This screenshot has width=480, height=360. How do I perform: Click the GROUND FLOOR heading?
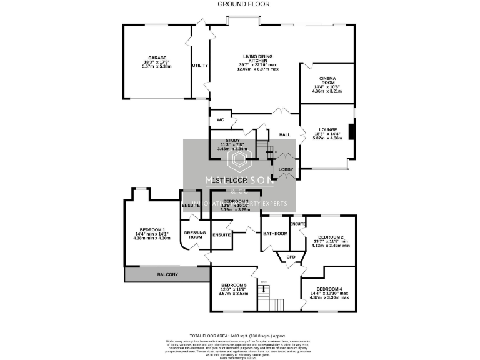click(243, 4)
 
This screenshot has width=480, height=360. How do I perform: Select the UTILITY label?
click(200, 65)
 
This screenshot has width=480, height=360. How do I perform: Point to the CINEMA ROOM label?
click(327, 81)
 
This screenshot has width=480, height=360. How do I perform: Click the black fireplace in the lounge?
click(352, 132)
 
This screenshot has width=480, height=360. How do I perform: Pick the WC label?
click(220, 119)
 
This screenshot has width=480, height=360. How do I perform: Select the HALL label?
click(285, 134)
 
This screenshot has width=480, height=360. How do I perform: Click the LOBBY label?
click(286, 169)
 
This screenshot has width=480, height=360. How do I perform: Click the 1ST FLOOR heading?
click(226, 180)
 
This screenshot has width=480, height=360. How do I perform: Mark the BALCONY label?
click(167, 274)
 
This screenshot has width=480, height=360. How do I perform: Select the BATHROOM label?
click(275, 234)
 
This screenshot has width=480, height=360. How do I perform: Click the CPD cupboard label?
click(291, 256)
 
